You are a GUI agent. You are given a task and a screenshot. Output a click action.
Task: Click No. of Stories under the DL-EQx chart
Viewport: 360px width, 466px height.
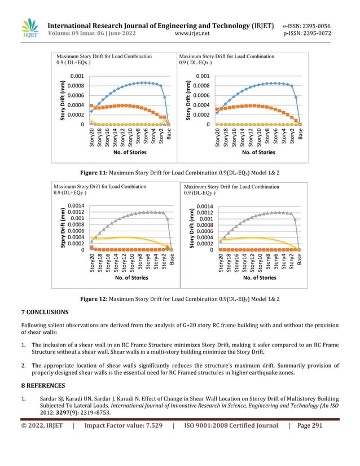click(x=258, y=152)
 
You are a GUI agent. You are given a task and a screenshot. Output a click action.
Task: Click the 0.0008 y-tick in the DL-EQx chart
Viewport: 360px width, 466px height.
click(x=203, y=86)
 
